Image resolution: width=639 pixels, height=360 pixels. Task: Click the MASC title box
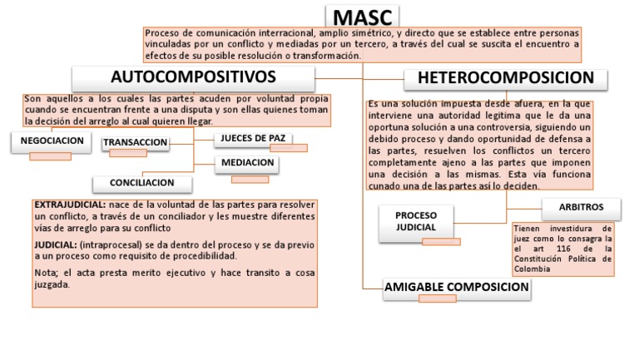point(361,16)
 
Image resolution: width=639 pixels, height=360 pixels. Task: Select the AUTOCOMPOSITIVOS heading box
point(193,78)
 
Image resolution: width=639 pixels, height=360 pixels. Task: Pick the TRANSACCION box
point(135,143)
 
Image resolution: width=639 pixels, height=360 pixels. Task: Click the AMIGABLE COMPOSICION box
point(457,288)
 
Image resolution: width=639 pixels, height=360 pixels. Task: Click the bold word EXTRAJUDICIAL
point(69,205)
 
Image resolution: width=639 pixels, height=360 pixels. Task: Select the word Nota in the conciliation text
point(44,273)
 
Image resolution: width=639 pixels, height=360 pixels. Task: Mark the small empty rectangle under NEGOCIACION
point(50,156)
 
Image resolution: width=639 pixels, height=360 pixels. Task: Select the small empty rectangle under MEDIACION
point(250,179)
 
